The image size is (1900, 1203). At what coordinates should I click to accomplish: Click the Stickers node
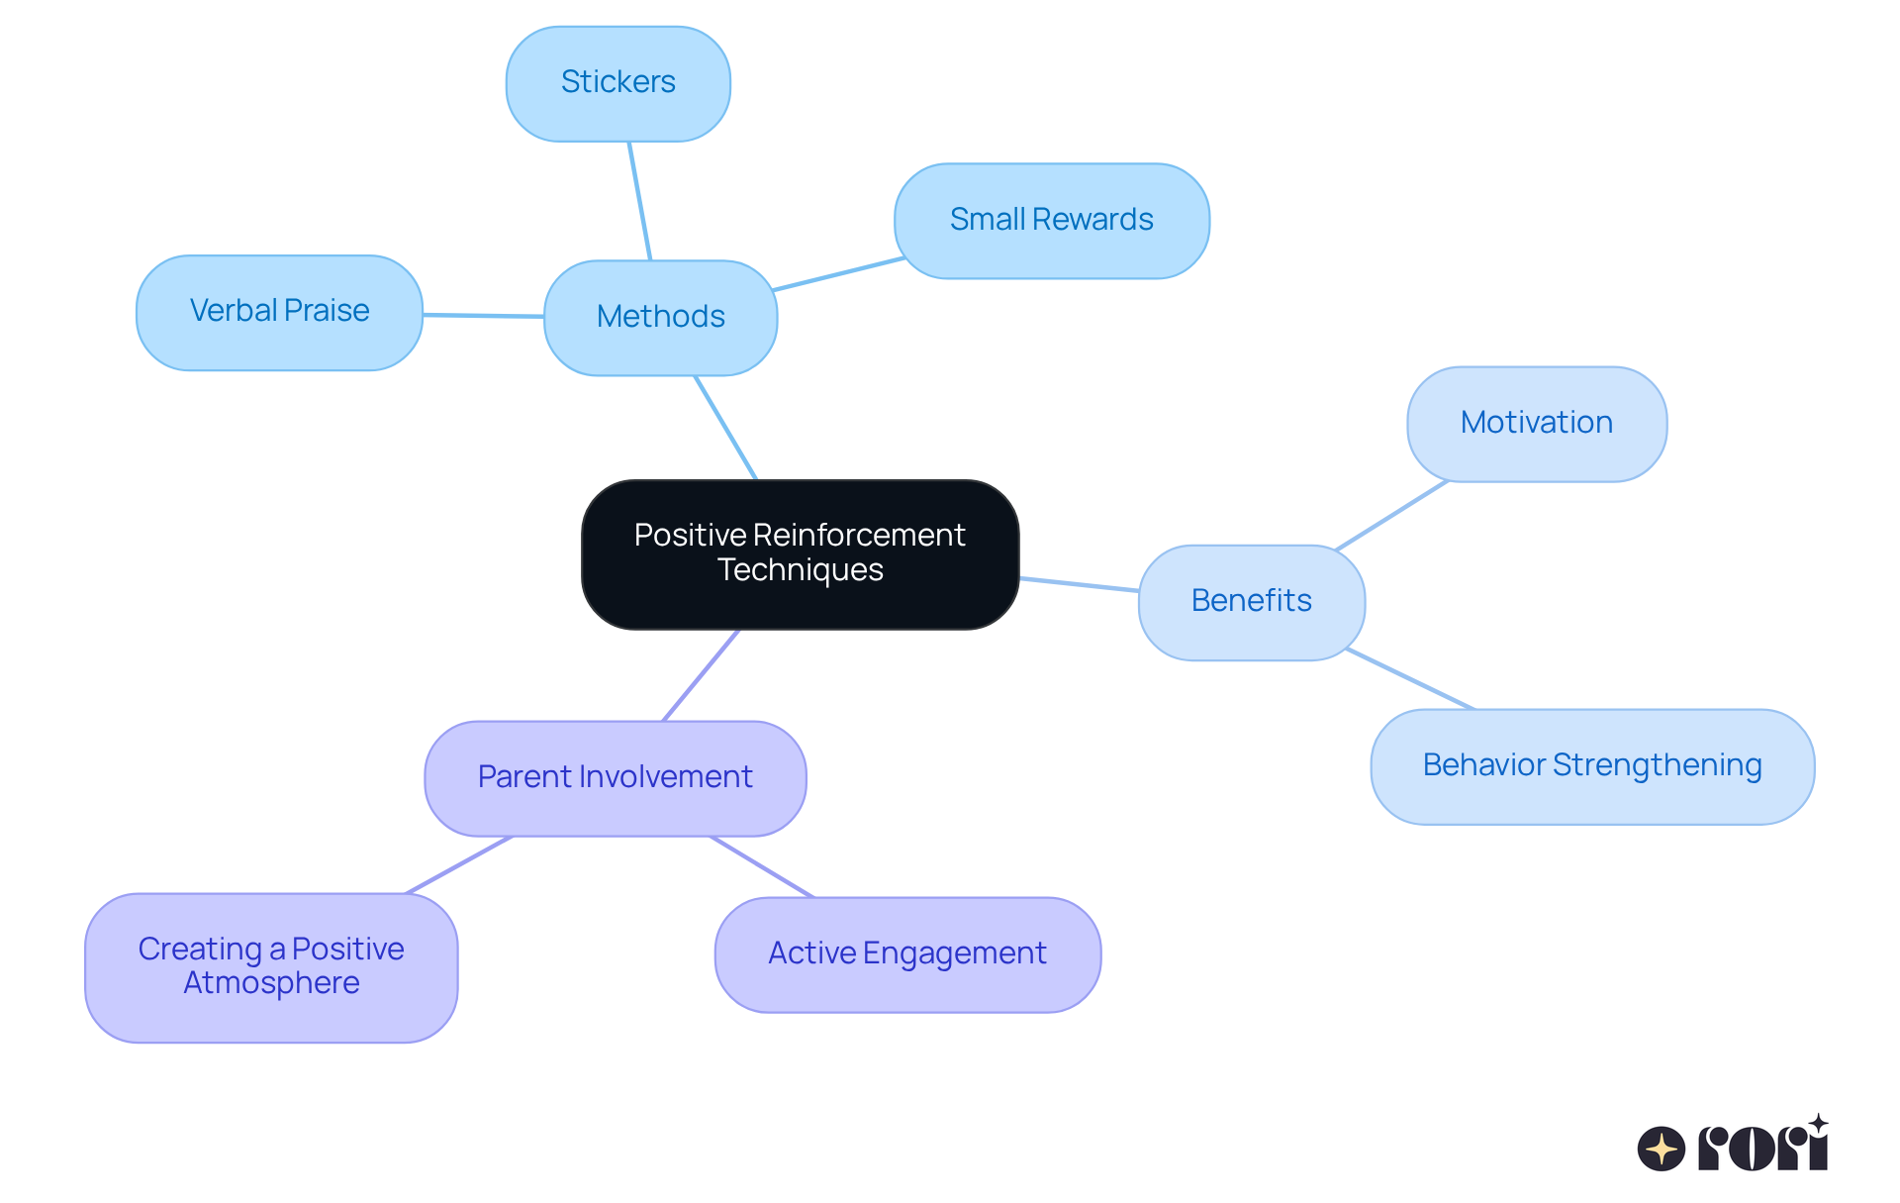pyautogui.click(x=617, y=83)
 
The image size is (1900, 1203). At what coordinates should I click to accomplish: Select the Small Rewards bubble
pyautogui.click(x=1051, y=220)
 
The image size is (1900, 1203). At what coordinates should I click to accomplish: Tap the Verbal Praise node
pyautogui.click(x=279, y=312)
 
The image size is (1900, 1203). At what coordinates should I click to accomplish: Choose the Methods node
pyautogui.click(x=660, y=317)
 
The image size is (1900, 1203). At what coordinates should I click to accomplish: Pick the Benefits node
pyautogui.click(x=1251, y=601)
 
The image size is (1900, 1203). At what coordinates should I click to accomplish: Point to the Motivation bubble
pyautogui.click(x=1536, y=424)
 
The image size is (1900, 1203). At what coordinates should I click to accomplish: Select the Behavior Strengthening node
pyautogui.click(x=1591, y=765)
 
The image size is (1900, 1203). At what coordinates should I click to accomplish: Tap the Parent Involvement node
pyautogui.click(x=615, y=777)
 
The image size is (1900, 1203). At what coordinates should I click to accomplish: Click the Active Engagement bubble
pyautogui.click(x=906, y=953)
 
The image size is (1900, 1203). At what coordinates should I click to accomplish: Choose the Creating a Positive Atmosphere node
pyautogui.click(x=270, y=966)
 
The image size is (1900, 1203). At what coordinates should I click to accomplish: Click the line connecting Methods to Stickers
pyautogui.click(x=639, y=200)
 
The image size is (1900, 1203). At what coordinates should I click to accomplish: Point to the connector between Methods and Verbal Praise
pyautogui.click(x=483, y=316)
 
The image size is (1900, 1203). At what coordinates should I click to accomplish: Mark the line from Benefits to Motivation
pyautogui.click(x=1391, y=515)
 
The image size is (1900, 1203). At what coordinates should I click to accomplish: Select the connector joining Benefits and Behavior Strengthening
pyautogui.click(x=1410, y=679)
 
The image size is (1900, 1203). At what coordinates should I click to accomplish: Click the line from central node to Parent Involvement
pyautogui.click(x=701, y=675)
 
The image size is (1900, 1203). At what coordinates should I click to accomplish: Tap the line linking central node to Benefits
pyautogui.click(x=1079, y=584)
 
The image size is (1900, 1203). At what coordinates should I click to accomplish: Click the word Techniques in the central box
pyautogui.click(x=800, y=570)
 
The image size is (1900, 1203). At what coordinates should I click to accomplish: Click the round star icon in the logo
pyautogui.click(x=1661, y=1149)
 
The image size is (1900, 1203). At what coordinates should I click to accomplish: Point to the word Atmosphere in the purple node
pyautogui.click(x=271, y=983)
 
